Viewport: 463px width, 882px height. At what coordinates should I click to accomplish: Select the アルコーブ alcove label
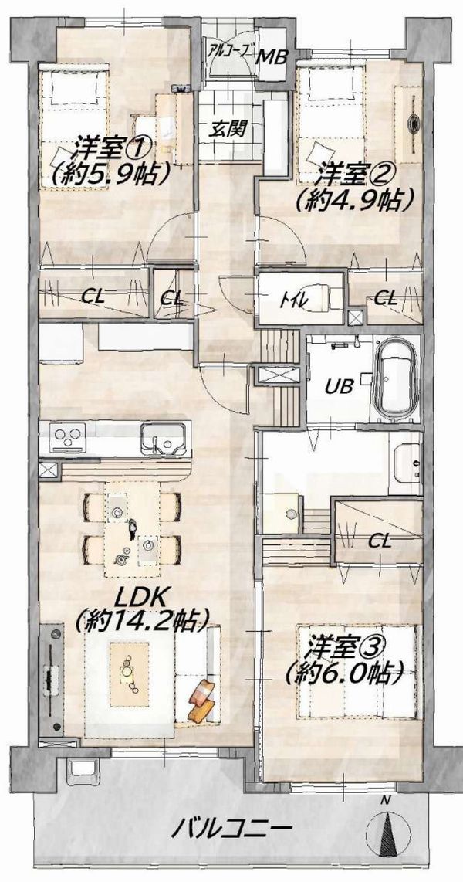pos(232,49)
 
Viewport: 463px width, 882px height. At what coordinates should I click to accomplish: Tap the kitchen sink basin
pos(163,436)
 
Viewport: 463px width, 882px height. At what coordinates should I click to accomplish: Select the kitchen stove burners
pos(67,436)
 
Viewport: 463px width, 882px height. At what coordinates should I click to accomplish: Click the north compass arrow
pos(387,830)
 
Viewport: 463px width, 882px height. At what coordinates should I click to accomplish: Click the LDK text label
pos(140,597)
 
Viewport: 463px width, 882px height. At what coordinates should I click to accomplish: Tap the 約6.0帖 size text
pos(345,671)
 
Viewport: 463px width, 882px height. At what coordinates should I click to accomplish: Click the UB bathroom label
pos(338,386)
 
